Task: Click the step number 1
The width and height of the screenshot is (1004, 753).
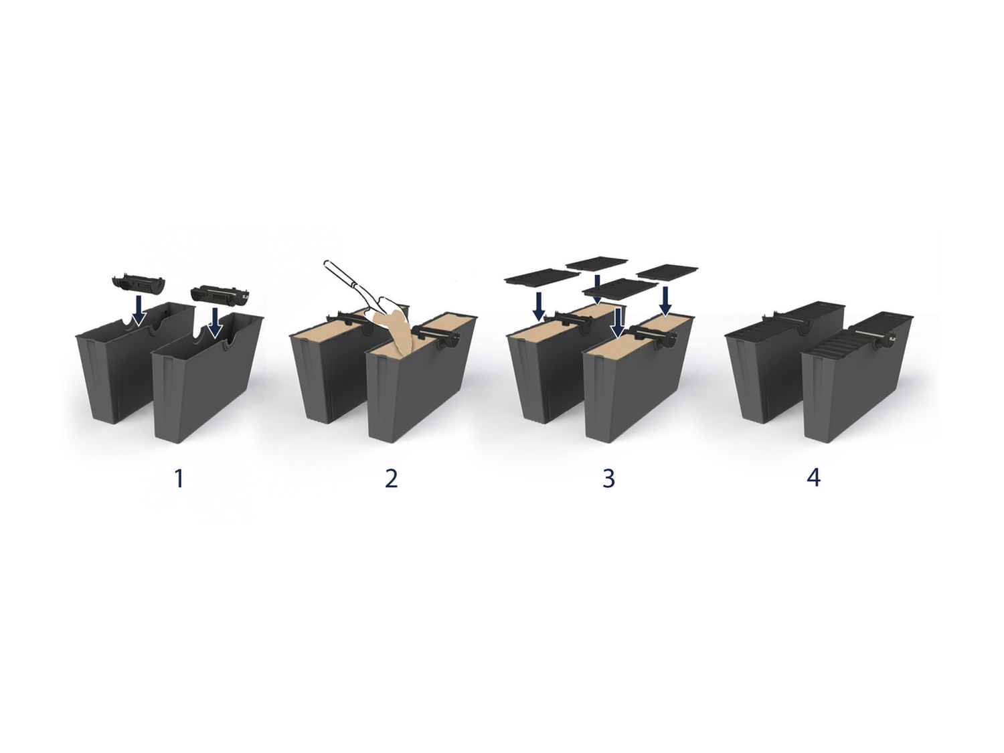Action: [x=179, y=479]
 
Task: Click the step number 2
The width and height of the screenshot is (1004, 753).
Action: [x=391, y=479]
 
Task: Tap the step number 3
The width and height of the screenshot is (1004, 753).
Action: [x=609, y=479]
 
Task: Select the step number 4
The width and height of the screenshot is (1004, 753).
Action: [x=814, y=479]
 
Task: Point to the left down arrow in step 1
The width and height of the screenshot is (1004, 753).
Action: [x=138, y=313]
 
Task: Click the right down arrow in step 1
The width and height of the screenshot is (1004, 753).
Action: [x=214, y=322]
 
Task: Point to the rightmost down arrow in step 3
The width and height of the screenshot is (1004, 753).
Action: [x=665, y=301]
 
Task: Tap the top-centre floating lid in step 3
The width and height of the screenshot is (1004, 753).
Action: [x=596, y=263]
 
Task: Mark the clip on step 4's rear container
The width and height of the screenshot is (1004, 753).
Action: [x=790, y=321]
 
